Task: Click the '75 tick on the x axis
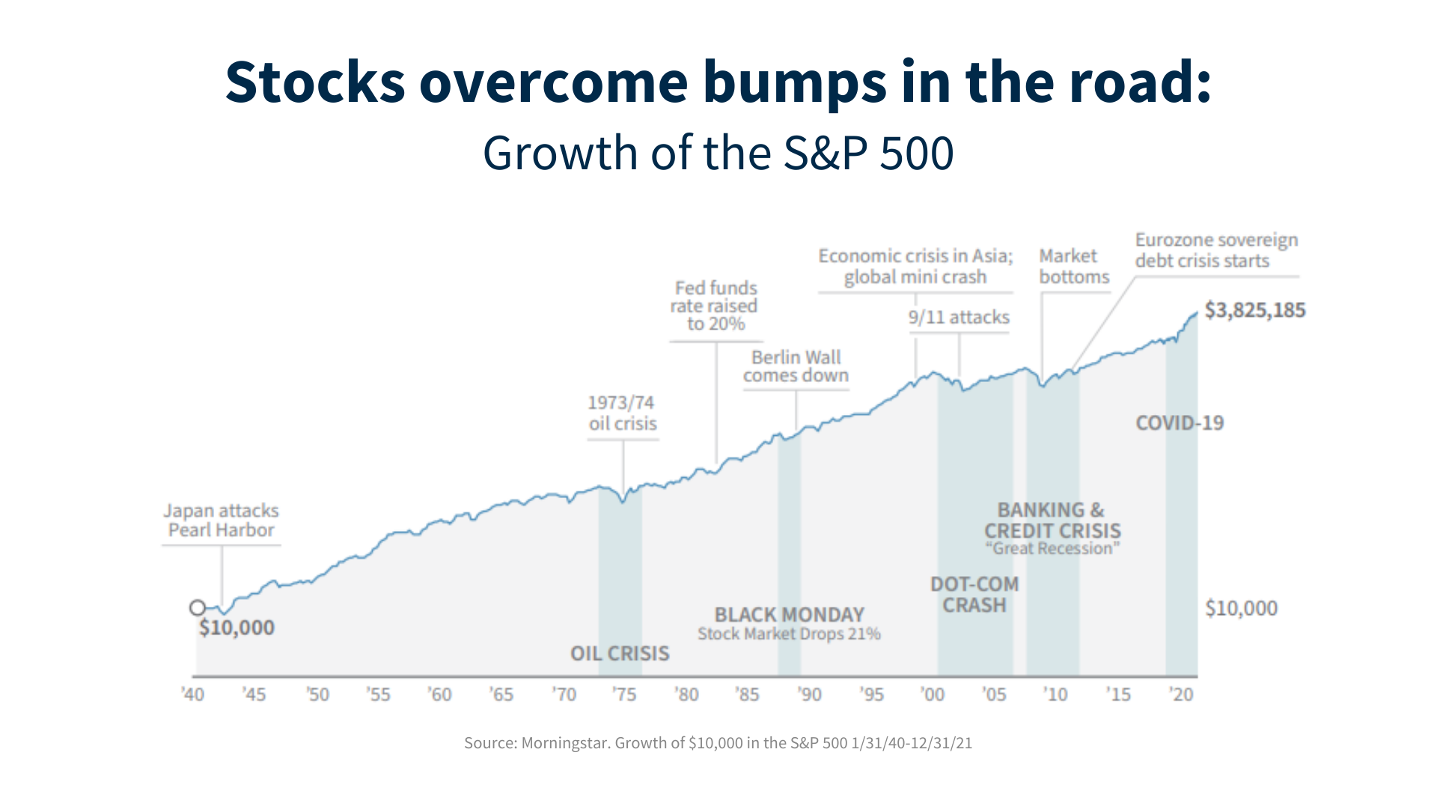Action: [x=624, y=694]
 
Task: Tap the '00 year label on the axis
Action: [x=933, y=694]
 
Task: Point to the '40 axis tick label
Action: [x=192, y=694]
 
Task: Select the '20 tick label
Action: [x=1181, y=694]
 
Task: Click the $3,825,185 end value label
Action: [x=1254, y=310]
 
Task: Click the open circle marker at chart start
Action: [x=197, y=607]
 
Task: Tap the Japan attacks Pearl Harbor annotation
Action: [x=221, y=521]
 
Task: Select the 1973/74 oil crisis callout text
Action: [x=622, y=413]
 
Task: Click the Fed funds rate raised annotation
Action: [x=715, y=306]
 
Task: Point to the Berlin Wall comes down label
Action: [x=796, y=366]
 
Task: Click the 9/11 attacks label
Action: [x=959, y=318]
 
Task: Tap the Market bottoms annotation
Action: [x=1073, y=267]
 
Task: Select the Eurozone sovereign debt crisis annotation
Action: [x=1215, y=250]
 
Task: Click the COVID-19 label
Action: [x=1180, y=423]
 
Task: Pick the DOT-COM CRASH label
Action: [x=974, y=595]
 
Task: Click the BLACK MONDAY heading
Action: [x=789, y=615]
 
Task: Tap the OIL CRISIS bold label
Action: [x=620, y=654]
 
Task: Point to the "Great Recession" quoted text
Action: [x=1052, y=549]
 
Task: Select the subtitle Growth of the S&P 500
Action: [x=718, y=154]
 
